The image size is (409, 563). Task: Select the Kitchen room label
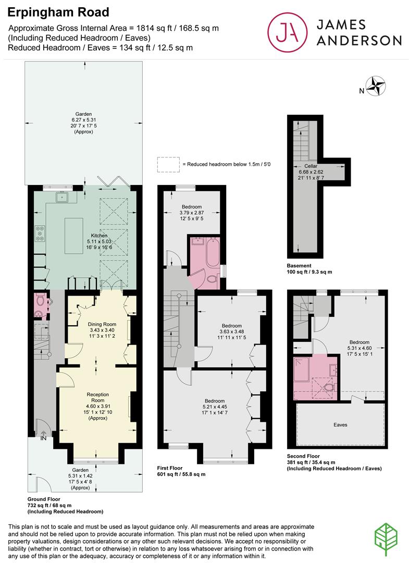pyautogui.click(x=99, y=236)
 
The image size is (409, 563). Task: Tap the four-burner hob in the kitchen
pyautogui.click(x=40, y=234)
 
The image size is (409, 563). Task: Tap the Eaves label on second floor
pyautogui.click(x=340, y=425)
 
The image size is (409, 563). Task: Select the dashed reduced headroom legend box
pyautogui.click(x=167, y=164)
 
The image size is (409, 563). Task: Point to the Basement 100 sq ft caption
pyautogui.click(x=309, y=268)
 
